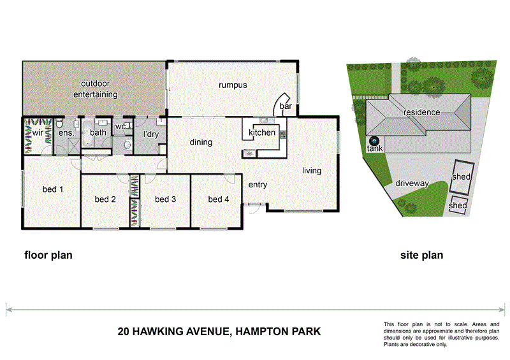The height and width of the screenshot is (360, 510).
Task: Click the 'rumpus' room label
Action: pos(233,85)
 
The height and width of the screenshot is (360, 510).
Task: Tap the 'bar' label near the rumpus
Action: pos(285,107)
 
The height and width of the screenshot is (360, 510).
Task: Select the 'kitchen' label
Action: pos(261,133)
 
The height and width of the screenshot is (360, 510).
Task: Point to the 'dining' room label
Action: pos(201,142)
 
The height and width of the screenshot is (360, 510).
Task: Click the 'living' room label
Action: pos(312,170)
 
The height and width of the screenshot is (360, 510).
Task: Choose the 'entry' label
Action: pos(258,185)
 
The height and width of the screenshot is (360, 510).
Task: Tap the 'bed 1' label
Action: pos(52,189)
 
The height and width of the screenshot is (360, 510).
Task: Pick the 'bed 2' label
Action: pos(105,199)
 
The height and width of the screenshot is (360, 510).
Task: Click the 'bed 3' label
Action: pos(165,199)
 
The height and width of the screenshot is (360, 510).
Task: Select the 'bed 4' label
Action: pos(218,199)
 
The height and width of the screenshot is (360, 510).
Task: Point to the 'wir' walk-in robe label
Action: pos(38,133)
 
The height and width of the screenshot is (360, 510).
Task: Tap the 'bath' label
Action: pos(98,133)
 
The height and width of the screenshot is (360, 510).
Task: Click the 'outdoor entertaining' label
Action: pos(95,89)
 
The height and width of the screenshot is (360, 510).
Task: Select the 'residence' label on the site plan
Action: pos(421,112)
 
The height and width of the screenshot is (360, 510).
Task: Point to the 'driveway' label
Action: pos(411,184)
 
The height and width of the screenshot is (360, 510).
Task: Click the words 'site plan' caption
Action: pos(421,256)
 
